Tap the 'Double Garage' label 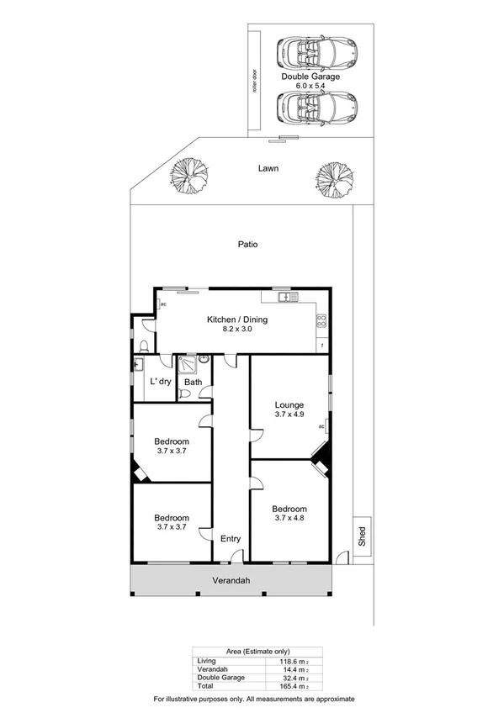point(311,77)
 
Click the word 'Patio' point(247,245)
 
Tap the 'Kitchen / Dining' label point(235,319)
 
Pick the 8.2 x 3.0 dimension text point(235,329)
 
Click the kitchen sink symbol point(286,297)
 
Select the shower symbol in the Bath point(187,364)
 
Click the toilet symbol point(146,346)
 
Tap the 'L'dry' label point(160,383)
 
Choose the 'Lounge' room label point(289,404)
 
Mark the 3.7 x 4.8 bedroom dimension point(289,519)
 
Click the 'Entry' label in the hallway point(230,539)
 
